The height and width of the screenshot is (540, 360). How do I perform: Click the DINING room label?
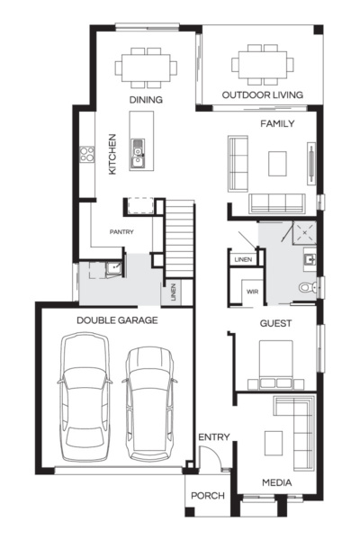[x=145, y=100]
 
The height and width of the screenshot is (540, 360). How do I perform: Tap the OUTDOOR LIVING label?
[x=262, y=94]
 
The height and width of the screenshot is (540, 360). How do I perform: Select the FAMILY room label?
[x=276, y=123]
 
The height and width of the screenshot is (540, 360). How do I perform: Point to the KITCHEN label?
[x=112, y=154]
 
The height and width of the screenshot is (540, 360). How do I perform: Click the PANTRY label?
[x=121, y=231]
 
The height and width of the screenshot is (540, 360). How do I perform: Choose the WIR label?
[x=252, y=292]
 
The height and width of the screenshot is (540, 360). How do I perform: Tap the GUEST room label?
[x=275, y=322]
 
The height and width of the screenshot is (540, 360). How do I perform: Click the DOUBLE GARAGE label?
[x=117, y=319]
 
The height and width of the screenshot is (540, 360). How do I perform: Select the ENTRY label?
[x=214, y=437]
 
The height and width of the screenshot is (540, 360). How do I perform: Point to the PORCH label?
[x=208, y=495]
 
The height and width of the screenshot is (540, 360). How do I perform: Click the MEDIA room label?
[x=276, y=483]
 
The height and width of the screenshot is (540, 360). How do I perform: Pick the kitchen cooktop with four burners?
[x=88, y=154]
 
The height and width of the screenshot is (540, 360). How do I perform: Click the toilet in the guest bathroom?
[x=308, y=287]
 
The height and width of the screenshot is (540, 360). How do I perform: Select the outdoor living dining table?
[x=262, y=66]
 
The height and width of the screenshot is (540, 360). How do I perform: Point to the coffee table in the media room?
[x=274, y=442]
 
